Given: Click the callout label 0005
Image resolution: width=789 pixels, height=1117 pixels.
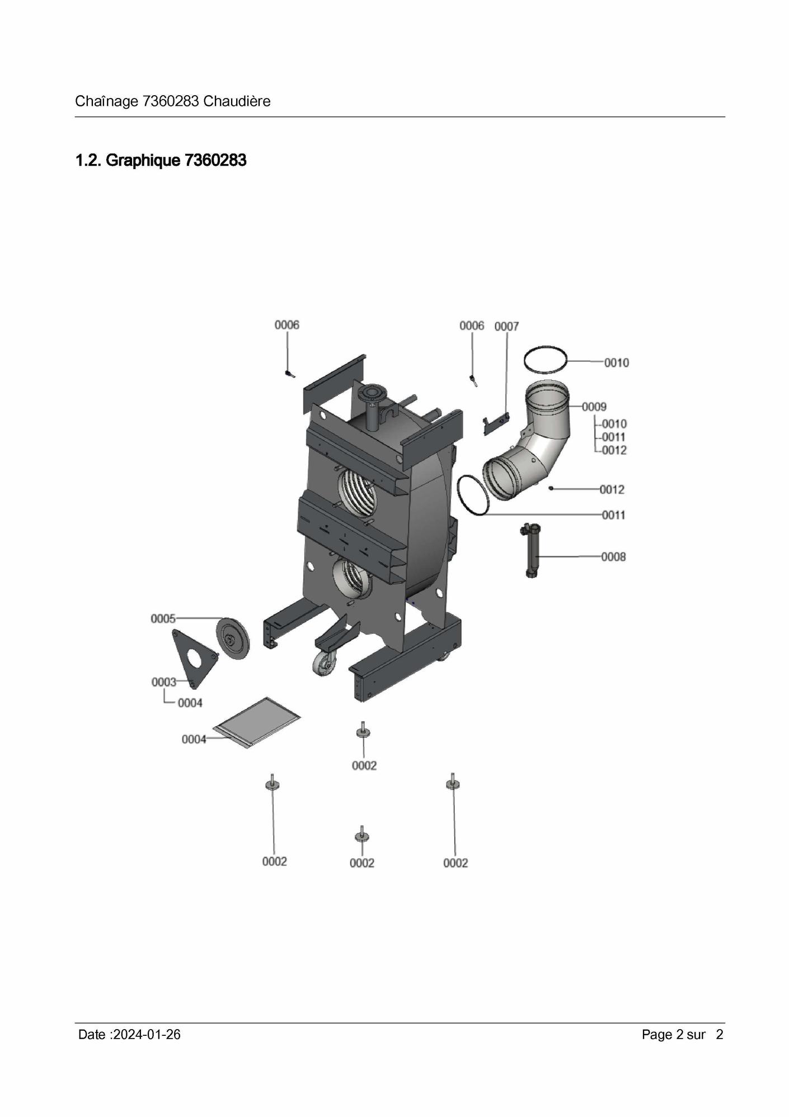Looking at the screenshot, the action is pos(163,619).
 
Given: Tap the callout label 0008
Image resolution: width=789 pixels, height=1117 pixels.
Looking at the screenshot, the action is pos(613,557).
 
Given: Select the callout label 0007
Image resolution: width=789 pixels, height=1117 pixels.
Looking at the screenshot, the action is pos(506,326).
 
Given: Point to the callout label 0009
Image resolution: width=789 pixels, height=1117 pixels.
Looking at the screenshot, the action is pos(594,406).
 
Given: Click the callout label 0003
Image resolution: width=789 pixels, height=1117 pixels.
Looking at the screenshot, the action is pos(164,682).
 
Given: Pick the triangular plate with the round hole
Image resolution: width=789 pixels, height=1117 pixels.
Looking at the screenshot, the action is pos(194,659).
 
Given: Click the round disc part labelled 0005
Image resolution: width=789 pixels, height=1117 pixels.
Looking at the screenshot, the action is pos(233,638).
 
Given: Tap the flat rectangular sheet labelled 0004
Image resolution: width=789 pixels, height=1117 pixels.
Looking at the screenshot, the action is pos(258,722).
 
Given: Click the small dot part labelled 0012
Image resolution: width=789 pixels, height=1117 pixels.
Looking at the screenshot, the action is pos(551,489).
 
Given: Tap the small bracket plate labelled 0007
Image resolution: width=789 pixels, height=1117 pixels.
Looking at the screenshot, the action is pos(496,424).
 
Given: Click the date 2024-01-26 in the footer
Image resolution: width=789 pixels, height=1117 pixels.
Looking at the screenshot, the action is pos(147,1034).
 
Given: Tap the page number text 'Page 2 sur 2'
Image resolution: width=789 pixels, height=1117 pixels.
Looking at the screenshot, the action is pos(683,1034).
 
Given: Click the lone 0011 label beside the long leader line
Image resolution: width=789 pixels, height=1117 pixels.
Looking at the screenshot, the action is pos(614,515).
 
